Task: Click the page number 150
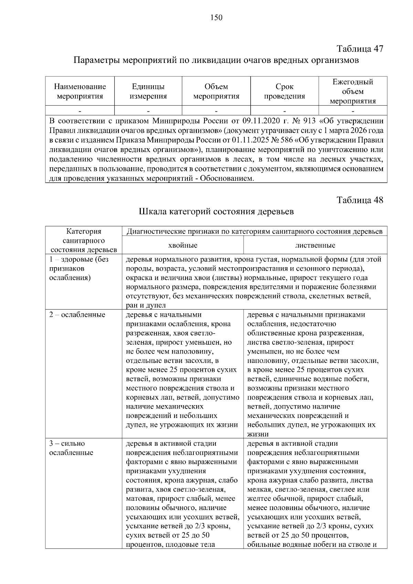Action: pos(216,18)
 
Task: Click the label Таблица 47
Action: pos(360,48)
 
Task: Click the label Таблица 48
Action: pos(360,200)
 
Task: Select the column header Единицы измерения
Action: pos(148,91)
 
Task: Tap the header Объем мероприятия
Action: pos(216,91)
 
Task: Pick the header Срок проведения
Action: pos(284,91)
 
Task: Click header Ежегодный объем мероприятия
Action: pos(353,91)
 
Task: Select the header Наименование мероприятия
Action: pos(80,91)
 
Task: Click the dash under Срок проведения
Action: pos(285,111)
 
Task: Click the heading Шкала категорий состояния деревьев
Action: pos(216,211)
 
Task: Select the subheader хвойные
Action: pos(182,245)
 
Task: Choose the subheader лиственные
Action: pos(315,245)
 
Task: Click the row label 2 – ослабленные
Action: pos(77,315)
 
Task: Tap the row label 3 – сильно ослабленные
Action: pos(71,448)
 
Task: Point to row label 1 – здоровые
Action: pos(79,260)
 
